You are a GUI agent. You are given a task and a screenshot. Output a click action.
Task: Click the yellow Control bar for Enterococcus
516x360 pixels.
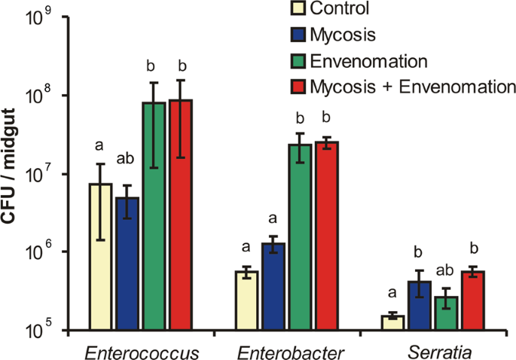101,256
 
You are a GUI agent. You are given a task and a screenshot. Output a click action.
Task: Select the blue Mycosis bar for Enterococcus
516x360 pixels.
127,264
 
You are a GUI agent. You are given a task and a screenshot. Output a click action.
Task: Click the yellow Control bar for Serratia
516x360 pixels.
392,322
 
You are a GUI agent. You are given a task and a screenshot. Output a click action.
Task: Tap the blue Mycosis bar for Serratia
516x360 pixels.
419,305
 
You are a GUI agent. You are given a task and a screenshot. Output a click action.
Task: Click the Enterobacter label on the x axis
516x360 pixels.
286,350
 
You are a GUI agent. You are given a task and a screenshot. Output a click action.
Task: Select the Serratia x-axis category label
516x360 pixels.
432,350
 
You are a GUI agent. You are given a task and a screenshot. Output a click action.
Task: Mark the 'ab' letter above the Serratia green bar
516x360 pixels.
445,268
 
